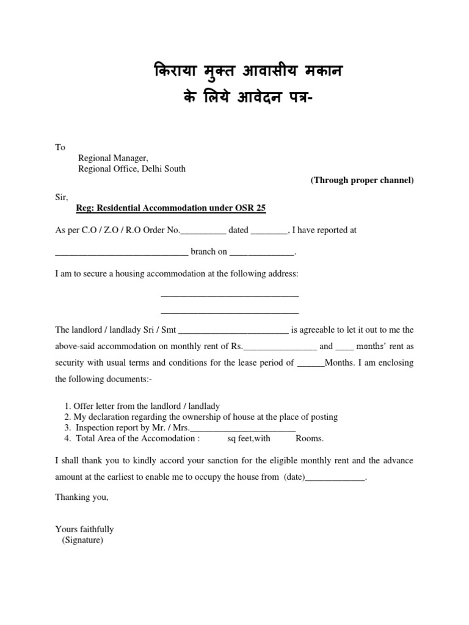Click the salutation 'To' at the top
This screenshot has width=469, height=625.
60,147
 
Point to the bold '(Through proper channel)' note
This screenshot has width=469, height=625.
362,180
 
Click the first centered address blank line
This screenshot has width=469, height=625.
230,296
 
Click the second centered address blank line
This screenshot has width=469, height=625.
230,312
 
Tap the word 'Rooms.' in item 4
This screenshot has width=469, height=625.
310,438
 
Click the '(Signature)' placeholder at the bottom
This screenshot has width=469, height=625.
82,540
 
